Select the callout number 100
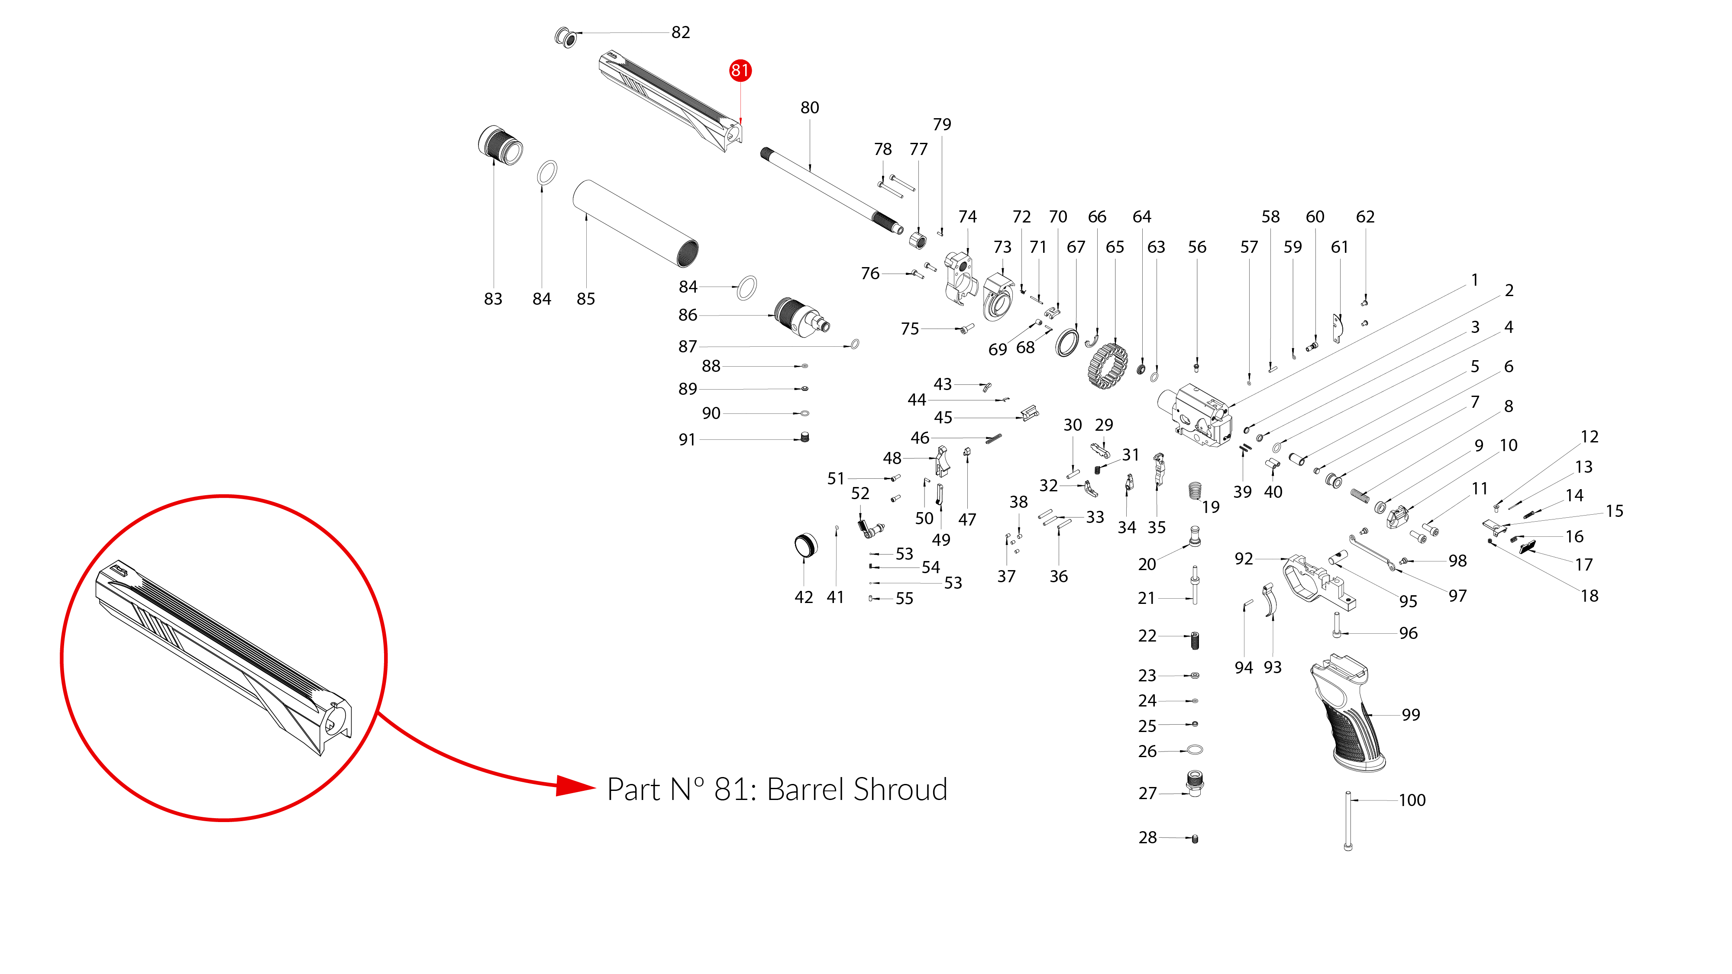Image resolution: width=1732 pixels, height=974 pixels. [x=1412, y=800]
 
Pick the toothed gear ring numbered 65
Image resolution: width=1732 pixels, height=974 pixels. [x=1107, y=366]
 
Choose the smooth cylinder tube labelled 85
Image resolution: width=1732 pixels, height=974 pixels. [x=635, y=223]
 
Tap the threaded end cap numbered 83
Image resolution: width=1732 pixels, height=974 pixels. [x=500, y=145]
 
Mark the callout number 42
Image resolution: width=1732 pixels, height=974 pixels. [x=804, y=597]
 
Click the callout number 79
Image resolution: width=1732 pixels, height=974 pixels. [x=941, y=124]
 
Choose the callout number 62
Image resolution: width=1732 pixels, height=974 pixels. [x=1365, y=216]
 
